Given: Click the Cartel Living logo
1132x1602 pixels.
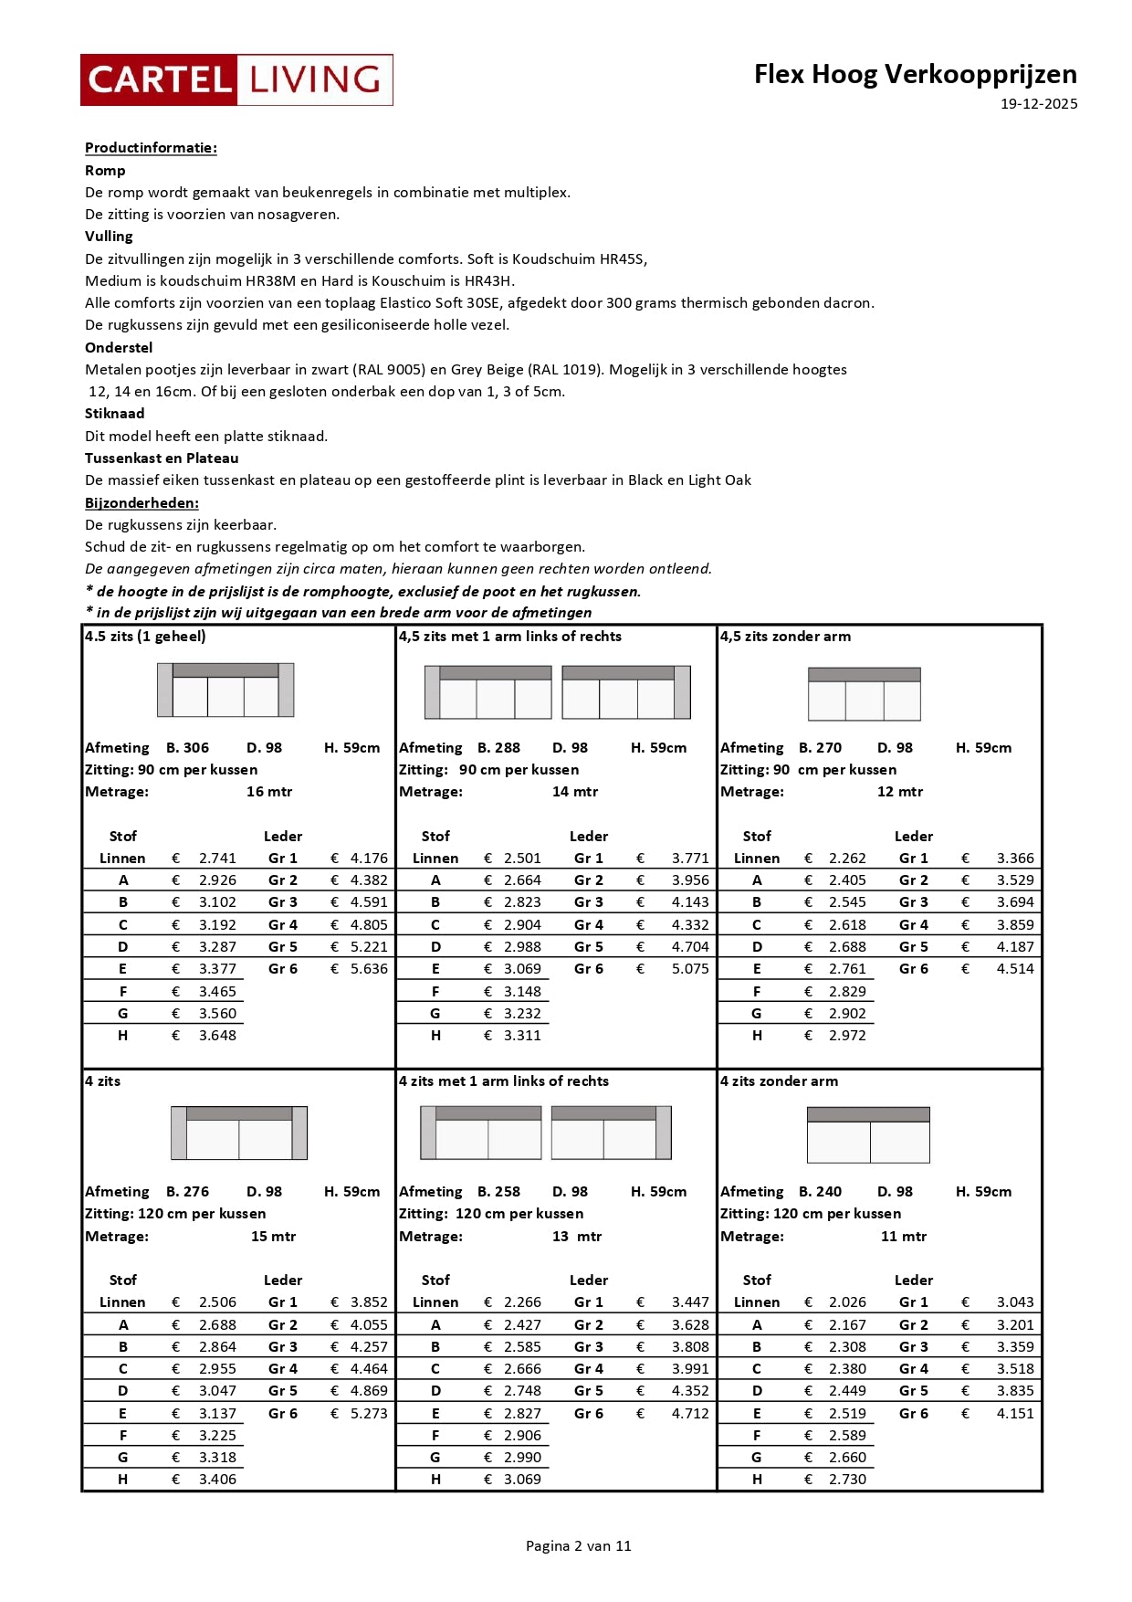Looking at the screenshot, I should pyautogui.click(x=236, y=80).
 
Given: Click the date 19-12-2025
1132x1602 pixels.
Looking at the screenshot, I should pyautogui.click(x=1038, y=104).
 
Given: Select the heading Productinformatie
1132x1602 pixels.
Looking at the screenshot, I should pyautogui.click(x=151, y=148).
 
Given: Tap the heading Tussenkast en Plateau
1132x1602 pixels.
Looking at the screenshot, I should pyautogui.click(x=162, y=458).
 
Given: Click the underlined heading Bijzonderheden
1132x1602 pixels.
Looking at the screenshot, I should pyautogui.click(x=141, y=503).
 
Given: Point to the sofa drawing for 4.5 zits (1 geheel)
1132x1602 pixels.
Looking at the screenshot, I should pyautogui.click(x=225, y=690).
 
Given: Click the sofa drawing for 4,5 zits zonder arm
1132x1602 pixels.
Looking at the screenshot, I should pyautogui.click(x=864, y=694).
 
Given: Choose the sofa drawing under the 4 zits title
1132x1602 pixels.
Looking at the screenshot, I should pyautogui.click(x=239, y=1133).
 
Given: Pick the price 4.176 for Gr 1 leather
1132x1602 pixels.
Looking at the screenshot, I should pyautogui.click(x=369, y=859).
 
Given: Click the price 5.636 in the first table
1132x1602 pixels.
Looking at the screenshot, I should pyautogui.click(x=369, y=969).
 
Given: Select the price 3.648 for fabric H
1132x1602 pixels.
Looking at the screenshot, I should pyautogui.click(x=217, y=1036).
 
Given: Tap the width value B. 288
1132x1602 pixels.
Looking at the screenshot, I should pyautogui.click(x=498, y=748).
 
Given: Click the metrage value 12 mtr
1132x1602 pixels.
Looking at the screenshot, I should pyautogui.click(x=899, y=792).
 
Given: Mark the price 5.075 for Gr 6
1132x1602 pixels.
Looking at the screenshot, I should pyautogui.click(x=689, y=969).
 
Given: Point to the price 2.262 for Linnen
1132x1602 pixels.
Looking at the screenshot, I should pyautogui.click(x=847, y=859).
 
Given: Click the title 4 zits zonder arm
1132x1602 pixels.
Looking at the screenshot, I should pyautogui.click(x=779, y=1081).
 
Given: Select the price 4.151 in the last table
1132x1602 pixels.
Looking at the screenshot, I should pyautogui.click(x=1014, y=1414).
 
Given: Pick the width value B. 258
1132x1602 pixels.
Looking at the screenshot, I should pyautogui.click(x=498, y=1192).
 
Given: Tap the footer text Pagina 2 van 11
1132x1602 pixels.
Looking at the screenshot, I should pyautogui.click(x=578, y=1546).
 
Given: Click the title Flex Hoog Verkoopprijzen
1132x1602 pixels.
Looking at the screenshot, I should pyautogui.click(x=915, y=74).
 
